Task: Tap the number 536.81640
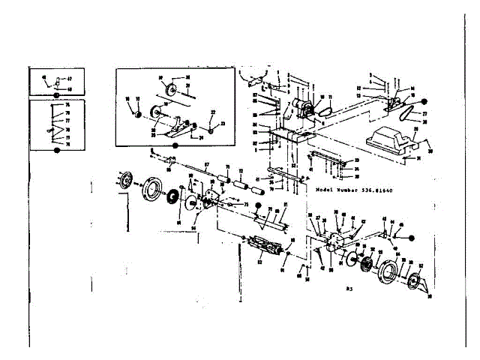click(372, 190)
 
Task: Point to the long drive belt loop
click(411, 117)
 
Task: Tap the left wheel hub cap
click(123, 181)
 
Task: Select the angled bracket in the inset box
click(169, 127)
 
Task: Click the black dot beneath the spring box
click(56, 149)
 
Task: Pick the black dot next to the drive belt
click(424, 100)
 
